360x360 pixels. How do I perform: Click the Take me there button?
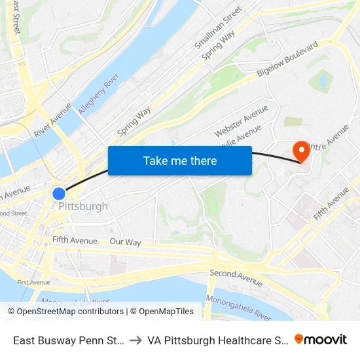coord(180,160)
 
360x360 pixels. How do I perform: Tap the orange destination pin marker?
coord(302,151)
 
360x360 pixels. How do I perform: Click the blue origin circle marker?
coord(59,194)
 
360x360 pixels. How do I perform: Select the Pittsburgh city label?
coord(83,206)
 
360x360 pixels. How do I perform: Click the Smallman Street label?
coord(219,28)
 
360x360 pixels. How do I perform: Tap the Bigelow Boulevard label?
coord(287,59)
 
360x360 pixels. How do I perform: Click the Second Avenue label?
coord(236,278)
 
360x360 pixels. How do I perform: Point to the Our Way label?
coord(125,242)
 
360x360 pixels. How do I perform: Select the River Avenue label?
coord(52,119)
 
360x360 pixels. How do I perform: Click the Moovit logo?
coord(321,339)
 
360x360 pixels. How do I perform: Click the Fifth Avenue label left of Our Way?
coord(75,240)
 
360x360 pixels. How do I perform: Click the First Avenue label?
coord(33,282)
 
